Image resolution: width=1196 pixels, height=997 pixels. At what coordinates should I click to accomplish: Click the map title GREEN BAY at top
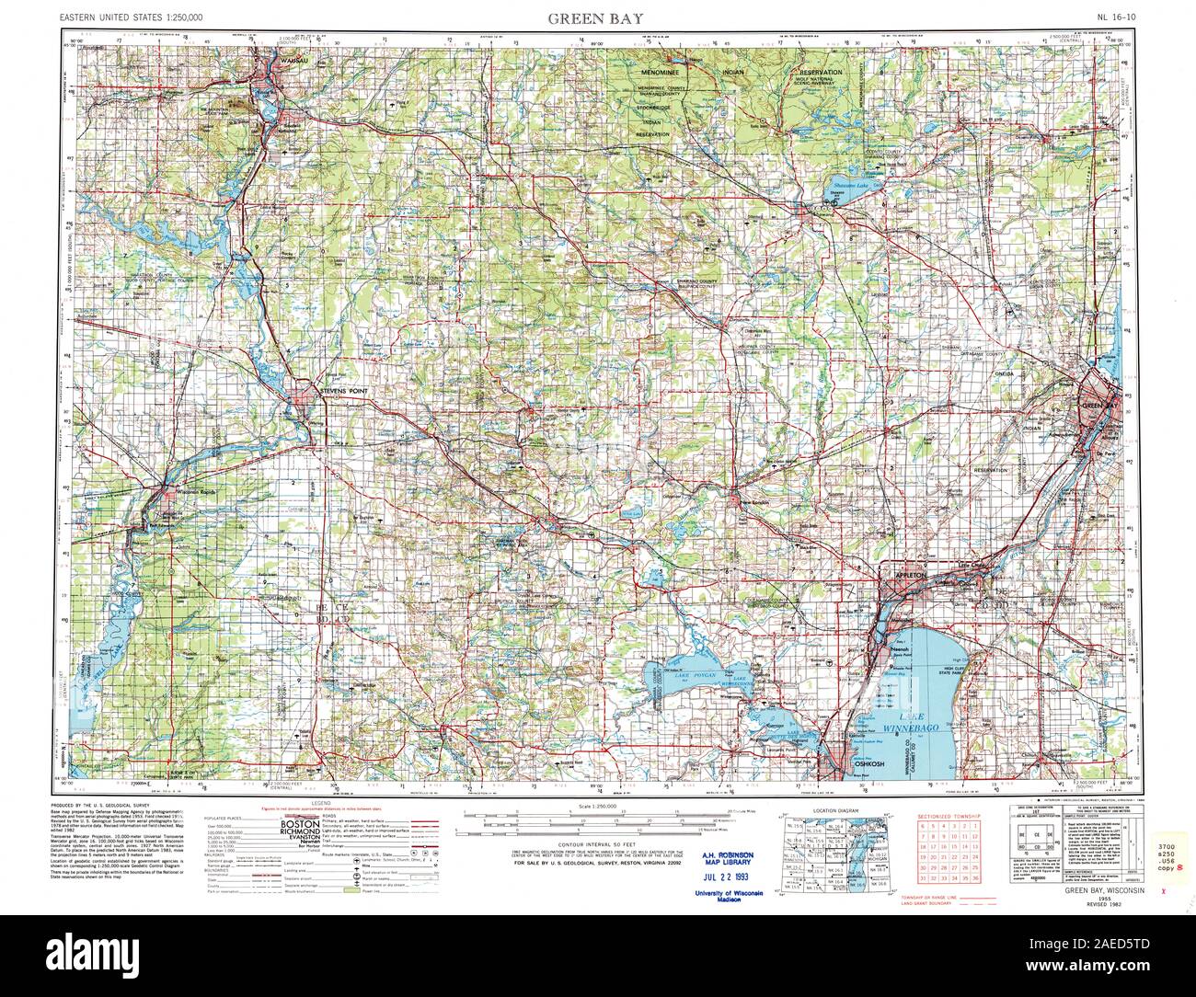click(x=596, y=17)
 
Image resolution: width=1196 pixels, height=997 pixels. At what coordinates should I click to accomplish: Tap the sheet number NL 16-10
click(x=1116, y=17)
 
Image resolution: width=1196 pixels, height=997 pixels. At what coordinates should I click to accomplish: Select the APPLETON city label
click(x=906, y=574)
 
